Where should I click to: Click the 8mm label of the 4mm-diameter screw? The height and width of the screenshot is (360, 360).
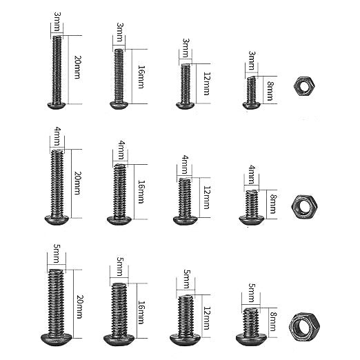pos(272,203)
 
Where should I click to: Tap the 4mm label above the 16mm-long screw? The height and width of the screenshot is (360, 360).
pos(120,148)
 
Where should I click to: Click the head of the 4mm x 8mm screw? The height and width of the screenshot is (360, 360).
pos(250,219)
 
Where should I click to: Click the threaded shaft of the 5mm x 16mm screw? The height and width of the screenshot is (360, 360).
pos(119,307)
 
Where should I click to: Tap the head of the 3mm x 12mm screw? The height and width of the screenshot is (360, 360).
pos(185,105)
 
